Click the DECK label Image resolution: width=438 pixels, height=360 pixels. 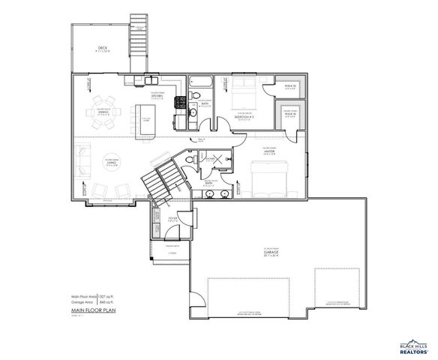tap(102, 49)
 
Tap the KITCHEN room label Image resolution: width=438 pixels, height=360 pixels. tap(157, 96)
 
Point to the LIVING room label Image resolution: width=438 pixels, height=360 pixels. tap(111, 166)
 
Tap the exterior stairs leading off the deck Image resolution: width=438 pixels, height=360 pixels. tap(139, 34)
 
